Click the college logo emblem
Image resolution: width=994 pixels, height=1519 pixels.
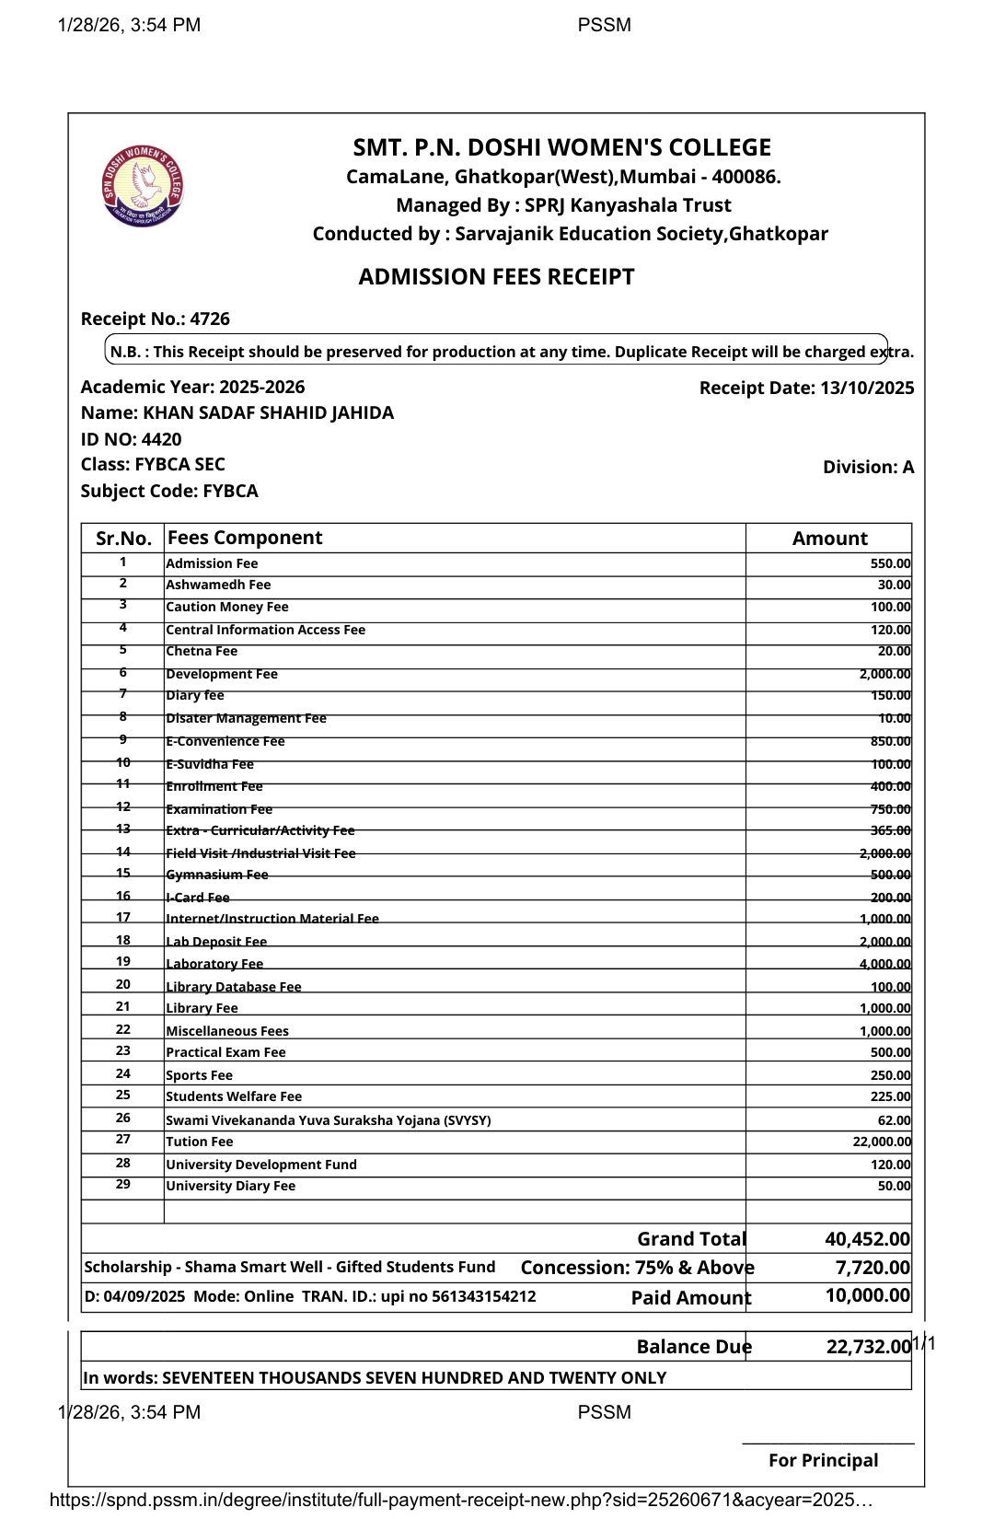pyautogui.click(x=143, y=186)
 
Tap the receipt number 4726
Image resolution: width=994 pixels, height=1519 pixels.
pyautogui.click(x=210, y=319)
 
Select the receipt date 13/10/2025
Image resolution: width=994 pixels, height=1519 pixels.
pyautogui.click(x=866, y=388)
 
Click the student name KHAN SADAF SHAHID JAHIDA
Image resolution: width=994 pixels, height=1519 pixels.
pyautogui.click(x=268, y=412)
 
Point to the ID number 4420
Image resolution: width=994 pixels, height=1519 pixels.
pyautogui.click(x=161, y=439)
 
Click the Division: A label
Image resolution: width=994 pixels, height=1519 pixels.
pyautogui.click(x=868, y=467)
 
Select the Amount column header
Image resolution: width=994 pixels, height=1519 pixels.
pyautogui.click(x=829, y=539)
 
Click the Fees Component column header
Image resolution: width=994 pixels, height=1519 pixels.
pyautogui.click(x=245, y=538)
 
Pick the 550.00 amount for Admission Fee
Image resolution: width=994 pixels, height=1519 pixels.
pyautogui.click(x=890, y=563)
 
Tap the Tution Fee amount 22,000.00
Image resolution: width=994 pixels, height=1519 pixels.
pyautogui.click(x=882, y=1142)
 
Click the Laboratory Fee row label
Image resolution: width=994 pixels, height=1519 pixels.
pyautogui.click(x=214, y=964)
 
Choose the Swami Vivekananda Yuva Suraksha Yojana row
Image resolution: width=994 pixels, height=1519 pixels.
pyautogui.click(x=328, y=1120)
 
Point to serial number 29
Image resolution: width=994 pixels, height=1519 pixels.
pyautogui.click(x=123, y=1185)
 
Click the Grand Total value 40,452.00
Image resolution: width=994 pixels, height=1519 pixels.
pyautogui.click(x=867, y=1239)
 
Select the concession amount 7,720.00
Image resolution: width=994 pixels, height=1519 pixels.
pyautogui.click(x=872, y=1268)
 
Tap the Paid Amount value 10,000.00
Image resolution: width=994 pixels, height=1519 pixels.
pyautogui.click(x=867, y=1295)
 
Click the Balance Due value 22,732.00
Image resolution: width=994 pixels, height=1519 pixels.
pyautogui.click(x=868, y=1347)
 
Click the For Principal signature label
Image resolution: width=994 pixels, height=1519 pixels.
pyautogui.click(x=823, y=1460)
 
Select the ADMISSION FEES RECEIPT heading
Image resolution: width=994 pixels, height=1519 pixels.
pyautogui.click(x=496, y=277)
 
